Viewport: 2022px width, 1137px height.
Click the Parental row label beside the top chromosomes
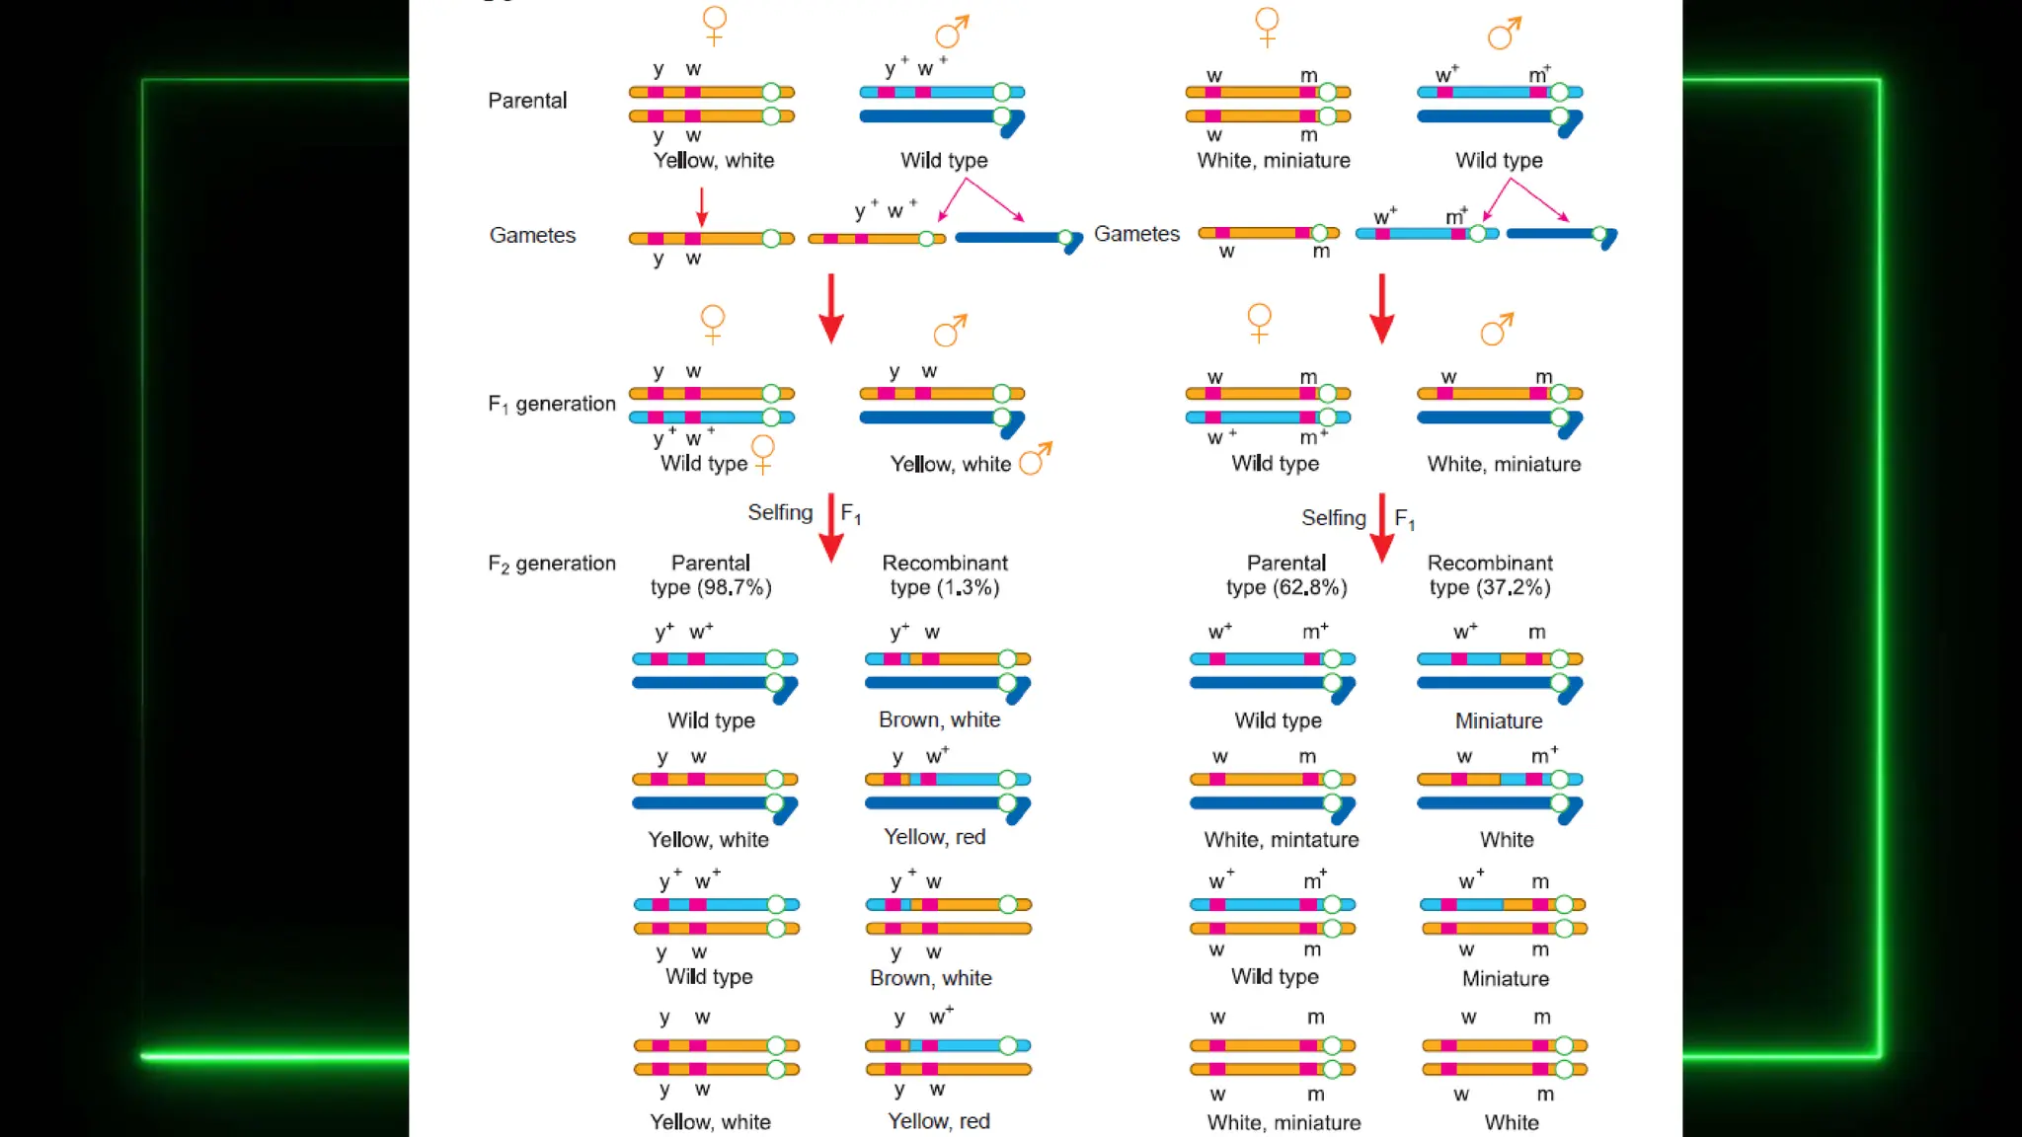(527, 101)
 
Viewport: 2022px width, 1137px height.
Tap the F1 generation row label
(551, 404)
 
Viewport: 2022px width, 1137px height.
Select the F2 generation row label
(551, 564)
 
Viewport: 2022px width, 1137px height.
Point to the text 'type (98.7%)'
(711, 588)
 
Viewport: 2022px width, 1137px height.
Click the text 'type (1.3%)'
(945, 588)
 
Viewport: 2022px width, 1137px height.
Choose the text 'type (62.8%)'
(1286, 588)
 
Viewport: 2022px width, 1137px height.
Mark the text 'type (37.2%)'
(1490, 588)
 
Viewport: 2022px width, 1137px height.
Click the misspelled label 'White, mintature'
(1282, 840)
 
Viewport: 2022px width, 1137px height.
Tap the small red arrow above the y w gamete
(702, 206)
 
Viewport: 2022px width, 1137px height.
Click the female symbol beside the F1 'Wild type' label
(763, 454)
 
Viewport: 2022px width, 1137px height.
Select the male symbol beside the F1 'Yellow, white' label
(1036, 458)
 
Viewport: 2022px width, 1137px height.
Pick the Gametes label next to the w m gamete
(1136, 234)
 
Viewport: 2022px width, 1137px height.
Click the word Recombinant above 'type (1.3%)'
(945, 563)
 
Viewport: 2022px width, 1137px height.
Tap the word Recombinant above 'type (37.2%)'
(1490, 563)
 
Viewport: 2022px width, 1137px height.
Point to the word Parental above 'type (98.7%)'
(711, 563)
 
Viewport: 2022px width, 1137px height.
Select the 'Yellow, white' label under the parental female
(714, 161)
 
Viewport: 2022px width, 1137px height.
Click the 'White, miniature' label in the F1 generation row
(1504, 464)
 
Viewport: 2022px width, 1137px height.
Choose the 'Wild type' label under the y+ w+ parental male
(944, 161)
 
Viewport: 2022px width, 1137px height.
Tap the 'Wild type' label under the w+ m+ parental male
(1499, 161)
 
